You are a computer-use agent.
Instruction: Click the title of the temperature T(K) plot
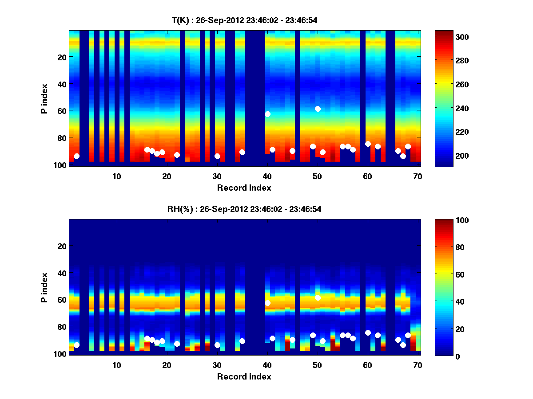point(244,20)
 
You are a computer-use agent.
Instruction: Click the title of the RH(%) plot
point(244,209)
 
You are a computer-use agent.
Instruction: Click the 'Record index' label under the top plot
point(244,188)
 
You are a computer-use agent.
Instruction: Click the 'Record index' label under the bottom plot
point(244,376)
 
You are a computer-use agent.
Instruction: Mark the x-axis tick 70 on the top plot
point(417,176)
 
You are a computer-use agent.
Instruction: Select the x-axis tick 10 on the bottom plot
point(116,365)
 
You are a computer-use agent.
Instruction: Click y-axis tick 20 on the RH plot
point(63,246)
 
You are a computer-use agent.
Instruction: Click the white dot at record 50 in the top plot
point(318,109)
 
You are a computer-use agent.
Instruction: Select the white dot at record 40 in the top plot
point(267,114)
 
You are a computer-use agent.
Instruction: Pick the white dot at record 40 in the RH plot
point(267,303)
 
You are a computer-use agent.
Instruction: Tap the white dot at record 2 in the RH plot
point(76,345)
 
